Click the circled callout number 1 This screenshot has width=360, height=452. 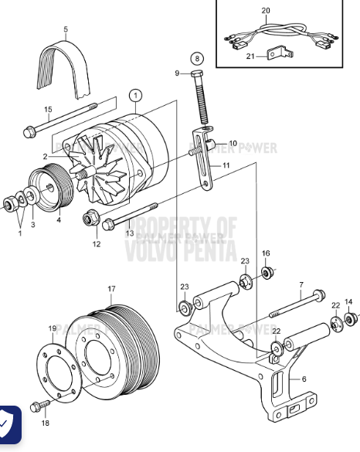tap(136, 97)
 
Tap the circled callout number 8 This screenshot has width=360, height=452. tap(199, 58)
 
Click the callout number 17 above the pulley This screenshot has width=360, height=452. tap(111, 290)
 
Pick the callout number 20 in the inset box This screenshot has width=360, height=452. tap(267, 11)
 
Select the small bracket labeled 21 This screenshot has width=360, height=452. tap(280, 54)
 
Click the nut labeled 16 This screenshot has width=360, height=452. tap(267, 273)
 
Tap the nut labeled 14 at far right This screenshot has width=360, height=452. tap(351, 318)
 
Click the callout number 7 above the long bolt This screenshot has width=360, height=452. tap(301, 285)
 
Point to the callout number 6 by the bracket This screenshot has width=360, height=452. tap(304, 379)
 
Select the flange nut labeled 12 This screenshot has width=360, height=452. tap(89, 220)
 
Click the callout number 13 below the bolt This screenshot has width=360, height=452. tap(130, 233)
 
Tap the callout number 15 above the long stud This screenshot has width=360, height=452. tap(48, 110)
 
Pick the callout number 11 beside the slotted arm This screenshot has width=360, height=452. tap(226, 165)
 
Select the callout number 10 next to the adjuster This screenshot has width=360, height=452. tap(233, 143)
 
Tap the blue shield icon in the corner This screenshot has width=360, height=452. tap(9, 424)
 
